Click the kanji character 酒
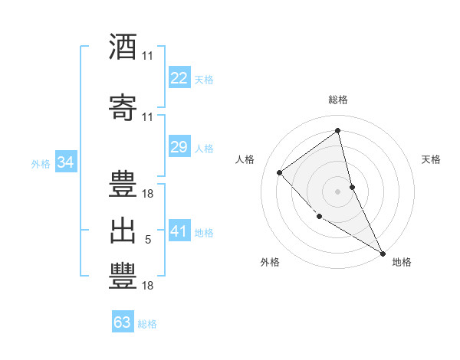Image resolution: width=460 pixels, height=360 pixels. click(123, 47)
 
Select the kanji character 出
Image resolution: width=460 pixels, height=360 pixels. click(123, 231)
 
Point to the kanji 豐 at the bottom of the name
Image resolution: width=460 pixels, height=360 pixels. click(123, 277)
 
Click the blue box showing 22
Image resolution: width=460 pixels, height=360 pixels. click(179, 78)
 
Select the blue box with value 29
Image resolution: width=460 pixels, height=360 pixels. click(179, 146)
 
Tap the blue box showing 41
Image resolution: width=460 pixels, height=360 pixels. click(179, 231)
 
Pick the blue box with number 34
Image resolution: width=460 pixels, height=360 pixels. click(65, 162)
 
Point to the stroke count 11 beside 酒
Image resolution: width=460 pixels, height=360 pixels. click(148, 56)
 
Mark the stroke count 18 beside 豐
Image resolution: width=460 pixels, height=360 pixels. click(148, 286)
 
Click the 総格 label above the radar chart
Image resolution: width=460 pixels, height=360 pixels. click(337, 100)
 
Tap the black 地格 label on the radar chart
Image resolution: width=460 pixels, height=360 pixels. click(402, 263)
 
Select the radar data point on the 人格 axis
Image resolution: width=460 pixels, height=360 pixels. click(280, 172)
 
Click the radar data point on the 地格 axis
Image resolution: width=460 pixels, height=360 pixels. click(383, 254)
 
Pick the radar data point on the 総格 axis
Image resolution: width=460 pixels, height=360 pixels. click(337, 129)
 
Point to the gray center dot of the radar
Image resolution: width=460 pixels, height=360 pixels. click(337, 191)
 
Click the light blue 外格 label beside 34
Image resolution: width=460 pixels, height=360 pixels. click(40, 163)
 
